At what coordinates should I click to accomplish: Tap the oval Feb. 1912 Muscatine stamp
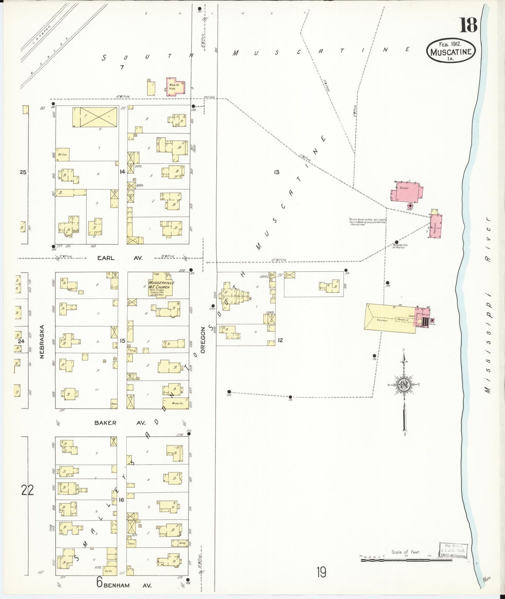(x=451, y=51)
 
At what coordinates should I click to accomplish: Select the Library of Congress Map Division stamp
(x=453, y=551)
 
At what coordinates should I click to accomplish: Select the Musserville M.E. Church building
(x=161, y=287)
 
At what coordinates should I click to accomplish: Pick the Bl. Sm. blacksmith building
(x=63, y=154)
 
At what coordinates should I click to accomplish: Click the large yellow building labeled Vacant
(x=390, y=319)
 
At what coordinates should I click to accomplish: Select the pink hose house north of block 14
(x=175, y=86)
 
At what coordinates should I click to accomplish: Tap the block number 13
(x=276, y=172)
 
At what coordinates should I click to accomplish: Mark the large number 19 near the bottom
(x=321, y=572)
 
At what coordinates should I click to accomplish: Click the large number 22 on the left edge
(x=28, y=490)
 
